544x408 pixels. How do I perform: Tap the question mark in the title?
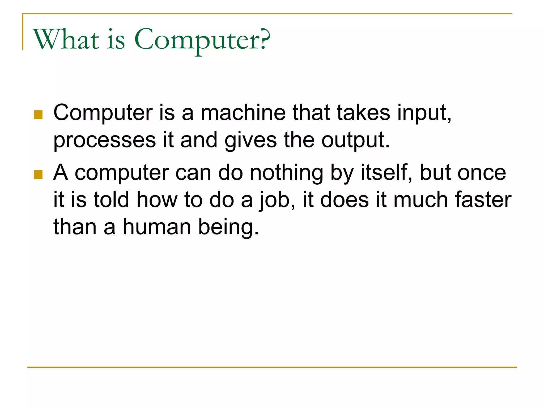265,39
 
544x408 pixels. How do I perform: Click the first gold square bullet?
38,114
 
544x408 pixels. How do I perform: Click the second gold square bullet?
38,175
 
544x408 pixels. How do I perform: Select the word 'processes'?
105,140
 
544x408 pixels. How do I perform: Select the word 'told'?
111,199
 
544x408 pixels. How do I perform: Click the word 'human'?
157,227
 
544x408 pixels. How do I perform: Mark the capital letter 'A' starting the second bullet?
61,173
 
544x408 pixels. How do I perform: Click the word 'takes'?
364,113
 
